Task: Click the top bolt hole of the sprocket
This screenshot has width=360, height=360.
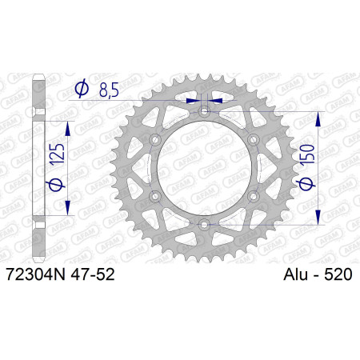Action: pyautogui.click(x=204, y=111)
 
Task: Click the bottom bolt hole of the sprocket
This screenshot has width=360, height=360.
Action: pyautogui.click(x=204, y=225)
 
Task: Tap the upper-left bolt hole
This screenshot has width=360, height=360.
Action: pyautogui.click(x=155, y=139)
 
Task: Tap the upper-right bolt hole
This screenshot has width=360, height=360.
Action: pyautogui.click(x=254, y=139)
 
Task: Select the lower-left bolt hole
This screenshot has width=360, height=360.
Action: pyautogui.click(x=155, y=197)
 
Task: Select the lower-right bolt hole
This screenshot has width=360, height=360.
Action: pyautogui.click(x=254, y=197)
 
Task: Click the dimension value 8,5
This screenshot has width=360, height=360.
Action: pyautogui.click(x=109, y=90)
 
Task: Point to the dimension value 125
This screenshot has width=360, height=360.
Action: pyautogui.click(x=58, y=154)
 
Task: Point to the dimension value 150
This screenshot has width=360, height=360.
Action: pyautogui.click(x=307, y=154)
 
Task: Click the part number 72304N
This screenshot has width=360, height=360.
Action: pyautogui.click(x=35, y=274)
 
